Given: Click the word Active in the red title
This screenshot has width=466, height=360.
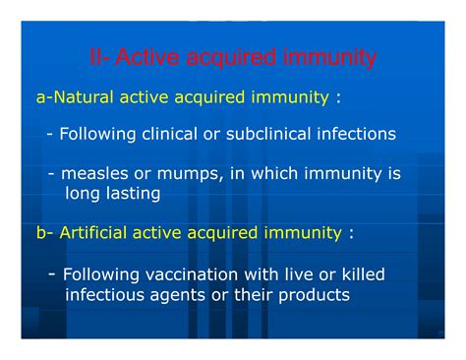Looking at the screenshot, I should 146,59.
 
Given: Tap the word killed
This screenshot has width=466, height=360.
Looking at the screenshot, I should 357,274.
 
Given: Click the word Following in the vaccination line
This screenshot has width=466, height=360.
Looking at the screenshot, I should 100,274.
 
